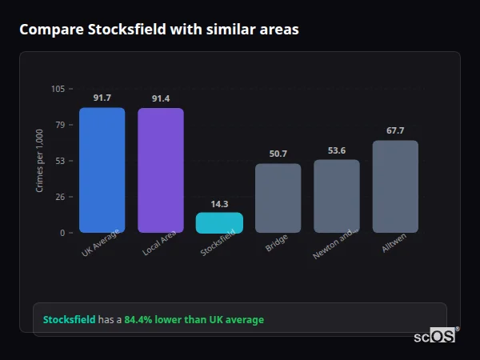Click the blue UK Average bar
pyautogui.click(x=102, y=170)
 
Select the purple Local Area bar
pyautogui.click(x=161, y=170)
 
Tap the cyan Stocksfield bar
pyautogui.click(x=219, y=223)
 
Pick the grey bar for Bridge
pyautogui.click(x=278, y=198)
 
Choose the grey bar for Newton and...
pyautogui.click(x=337, y=197)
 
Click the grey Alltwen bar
pyautogui.click(x=395, y=187)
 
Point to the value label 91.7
pyautogui.click(x=102, y=98)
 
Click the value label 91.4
pyautogui.click(x=161, y=98)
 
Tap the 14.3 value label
pyautogui.click(x=219, y=204)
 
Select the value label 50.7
pyautogui.click(x=278, y=154)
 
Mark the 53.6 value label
pyautogui.click(x=337, y=150)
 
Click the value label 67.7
pyautogui.click(x=395, y=130)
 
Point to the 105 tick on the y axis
pyautogui.click(x=58, y=89)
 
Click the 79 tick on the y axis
pyautogui.click(x=60, y=125)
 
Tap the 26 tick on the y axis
pyautogui.click(x=60, y=197)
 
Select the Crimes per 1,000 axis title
pyautogui.click(x=40, y=160)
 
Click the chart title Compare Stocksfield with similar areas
pyautogui.click(x=159, y=30)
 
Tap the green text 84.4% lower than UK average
pyautogui.click(x=194, y=320)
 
